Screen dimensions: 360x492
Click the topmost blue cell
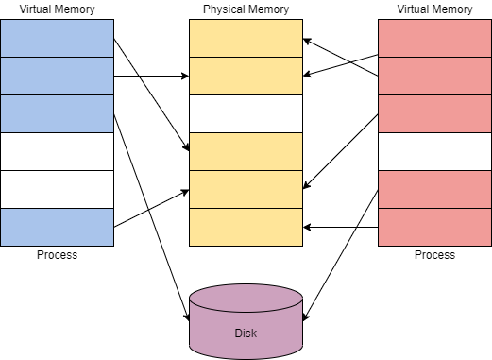click(57, 38)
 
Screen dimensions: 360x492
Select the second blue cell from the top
click(57, 76)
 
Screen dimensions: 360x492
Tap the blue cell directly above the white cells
click(57, 113)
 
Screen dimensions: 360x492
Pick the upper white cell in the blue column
click(57, 151)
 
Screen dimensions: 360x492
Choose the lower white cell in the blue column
click(57, 189)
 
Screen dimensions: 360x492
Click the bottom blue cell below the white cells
click(57, 227)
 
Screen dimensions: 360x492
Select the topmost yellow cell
click(246, 38)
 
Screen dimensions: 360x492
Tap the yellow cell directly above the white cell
click(246, 76)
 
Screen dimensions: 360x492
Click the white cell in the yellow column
click(246, 113)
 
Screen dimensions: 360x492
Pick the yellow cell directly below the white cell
click(246, 151)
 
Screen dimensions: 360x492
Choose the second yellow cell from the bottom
click(246, 189)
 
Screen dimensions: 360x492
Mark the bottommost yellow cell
click(246, 227)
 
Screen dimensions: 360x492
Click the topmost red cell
click(434, 38)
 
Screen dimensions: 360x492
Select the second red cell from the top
click(434, 76)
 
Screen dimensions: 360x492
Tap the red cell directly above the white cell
click(434, 113)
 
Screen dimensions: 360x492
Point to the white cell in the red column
click(434, 151)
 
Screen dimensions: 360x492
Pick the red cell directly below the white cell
click(434, 189)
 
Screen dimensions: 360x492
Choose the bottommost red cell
click(434, 227)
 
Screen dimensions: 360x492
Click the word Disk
click(246, 334)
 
